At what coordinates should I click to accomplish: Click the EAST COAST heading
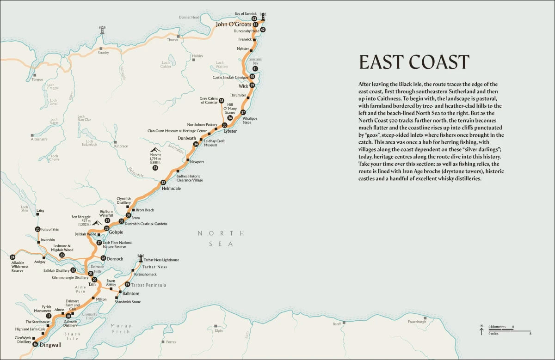tap(414, 62)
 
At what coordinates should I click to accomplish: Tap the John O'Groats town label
tap(233, 24)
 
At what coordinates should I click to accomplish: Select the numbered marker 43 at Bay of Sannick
tap(254, 19)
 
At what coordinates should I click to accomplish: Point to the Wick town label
tap(243, 86)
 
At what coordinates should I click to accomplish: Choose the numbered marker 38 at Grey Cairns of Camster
tap(222, 101)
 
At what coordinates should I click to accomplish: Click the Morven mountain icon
tap(155, 151)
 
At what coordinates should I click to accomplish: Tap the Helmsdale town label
tap(171, 189)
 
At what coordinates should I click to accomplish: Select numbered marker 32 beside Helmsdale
tap(163, 183)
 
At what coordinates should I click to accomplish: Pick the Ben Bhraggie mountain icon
tap(97, 223)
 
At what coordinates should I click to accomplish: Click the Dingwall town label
tap(50, 345)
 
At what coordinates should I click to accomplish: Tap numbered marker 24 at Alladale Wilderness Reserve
tap(12, 257)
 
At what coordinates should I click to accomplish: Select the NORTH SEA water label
tap(215, 238)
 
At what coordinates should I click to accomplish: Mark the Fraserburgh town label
tap(416, 322)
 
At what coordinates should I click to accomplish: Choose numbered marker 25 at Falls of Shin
tap(38, 229)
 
